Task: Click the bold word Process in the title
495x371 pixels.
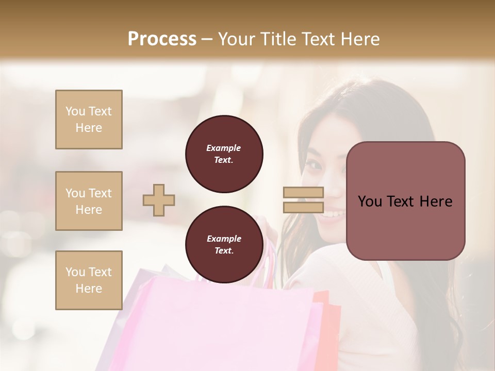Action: point(162,39)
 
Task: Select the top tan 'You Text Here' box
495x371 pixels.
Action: point(89,120)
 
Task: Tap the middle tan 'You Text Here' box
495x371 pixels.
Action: point(89,201)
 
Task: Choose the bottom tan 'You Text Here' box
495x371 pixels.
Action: point(89,280)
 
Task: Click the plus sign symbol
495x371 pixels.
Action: point(159,200)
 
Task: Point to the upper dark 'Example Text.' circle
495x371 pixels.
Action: point(224,154)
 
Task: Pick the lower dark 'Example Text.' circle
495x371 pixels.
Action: point(224,245)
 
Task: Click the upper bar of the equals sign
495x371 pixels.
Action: point(303,193)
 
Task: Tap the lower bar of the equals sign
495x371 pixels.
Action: point(303,207)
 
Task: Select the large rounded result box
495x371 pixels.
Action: point(405,201)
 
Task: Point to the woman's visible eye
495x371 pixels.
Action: point(314,166)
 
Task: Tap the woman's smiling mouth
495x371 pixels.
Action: point(334,213)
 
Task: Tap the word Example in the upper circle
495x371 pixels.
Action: point(223,148)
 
